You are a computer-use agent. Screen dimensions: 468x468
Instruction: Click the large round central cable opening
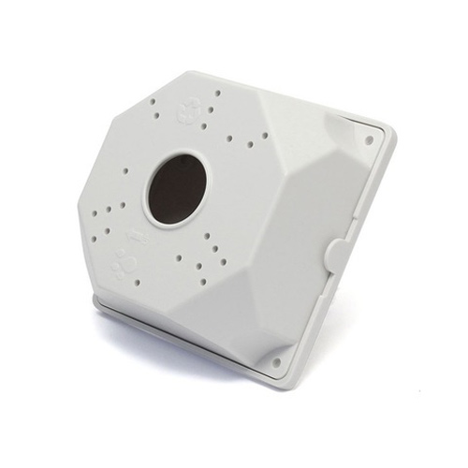(x=181, y=190)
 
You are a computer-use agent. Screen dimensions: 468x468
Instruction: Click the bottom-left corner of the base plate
(x=96, y=301)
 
